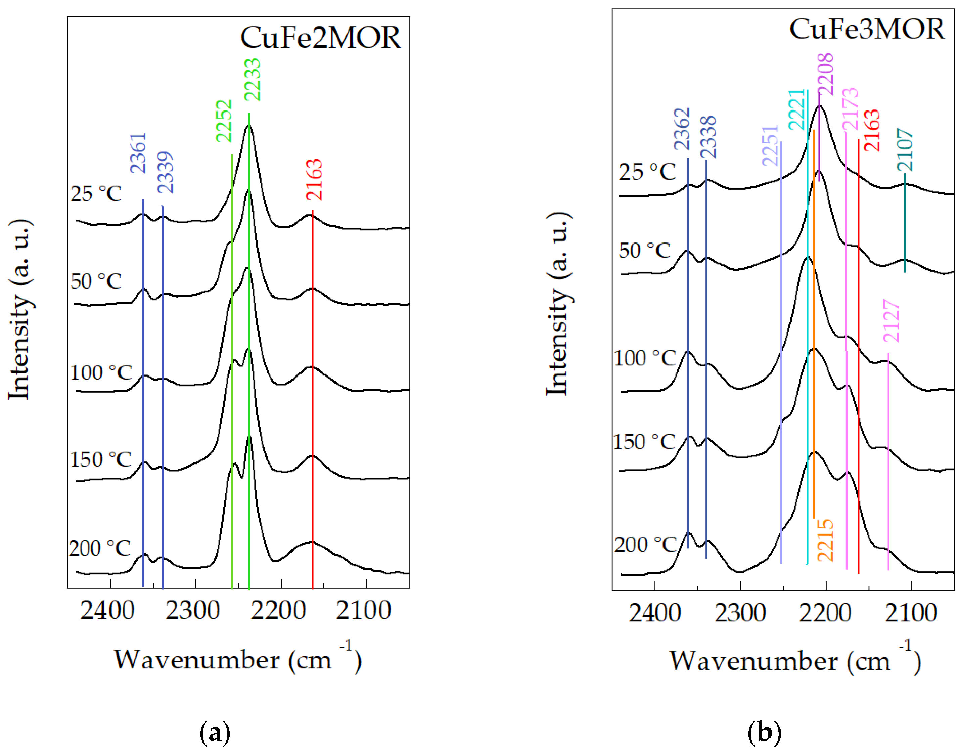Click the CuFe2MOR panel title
[320, 38]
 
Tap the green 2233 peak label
[253, 80]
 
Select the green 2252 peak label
[224, 121]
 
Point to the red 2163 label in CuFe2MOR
[314, 180]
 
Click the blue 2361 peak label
[138, 153]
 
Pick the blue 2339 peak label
[166, 173]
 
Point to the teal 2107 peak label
[905, 150]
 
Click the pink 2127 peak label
[891, 321]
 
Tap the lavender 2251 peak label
[770, 146]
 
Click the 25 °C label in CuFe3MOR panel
[647, 172]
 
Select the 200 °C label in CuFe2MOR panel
[99, 548]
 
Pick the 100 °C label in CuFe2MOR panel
[101, 372]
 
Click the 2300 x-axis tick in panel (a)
[192, 611]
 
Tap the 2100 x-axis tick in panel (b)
[910, 613]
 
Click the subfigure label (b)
[764, 733]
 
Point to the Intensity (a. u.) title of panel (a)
[20, 308]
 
